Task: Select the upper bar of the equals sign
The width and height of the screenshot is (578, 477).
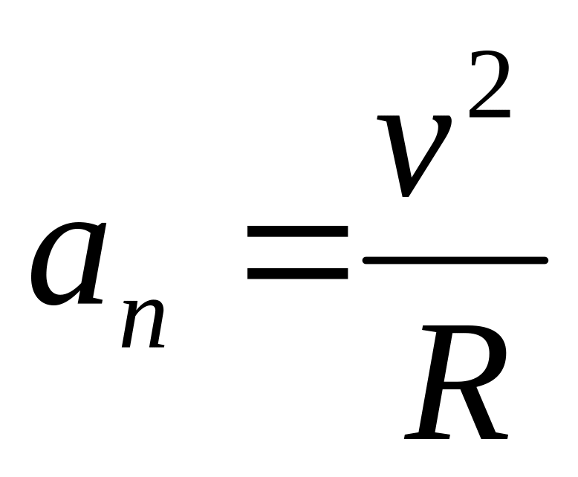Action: click(297, 232)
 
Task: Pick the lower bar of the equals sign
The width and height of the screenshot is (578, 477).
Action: click(297, 273)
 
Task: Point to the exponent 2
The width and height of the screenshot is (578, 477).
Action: click(489, 89)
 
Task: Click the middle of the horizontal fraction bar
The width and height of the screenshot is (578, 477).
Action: click(455, 260)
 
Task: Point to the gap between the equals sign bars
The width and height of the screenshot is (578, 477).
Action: click(297, 253)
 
